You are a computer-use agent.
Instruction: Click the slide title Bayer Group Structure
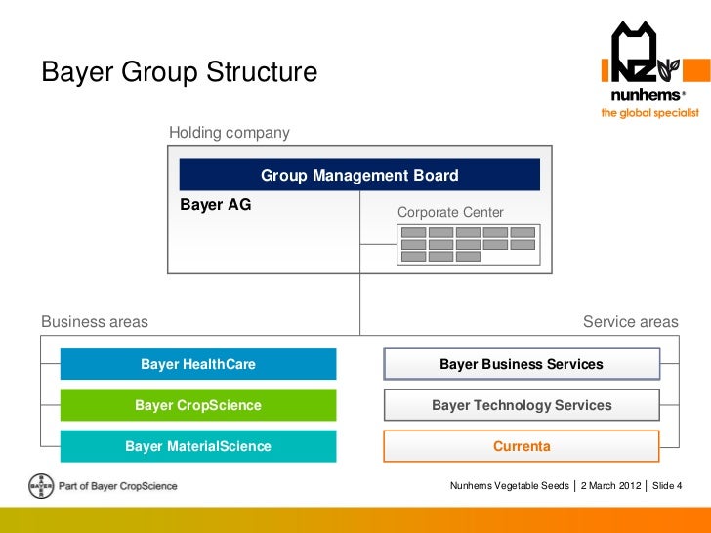[x=179, y=73]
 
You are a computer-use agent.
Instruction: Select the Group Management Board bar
[x=359, y=176]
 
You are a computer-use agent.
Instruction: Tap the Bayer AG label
[x=216, y=205]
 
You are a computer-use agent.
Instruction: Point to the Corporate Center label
[x=450, y=212]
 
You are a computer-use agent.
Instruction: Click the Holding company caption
[x=230, y=132]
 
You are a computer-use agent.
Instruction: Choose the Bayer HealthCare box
[x=198, y=364]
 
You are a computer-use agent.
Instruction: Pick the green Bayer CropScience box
[x=198, y=405]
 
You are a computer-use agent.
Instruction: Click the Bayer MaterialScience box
[x=198, y=446]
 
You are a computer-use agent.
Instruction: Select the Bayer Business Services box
[x=522, y=364]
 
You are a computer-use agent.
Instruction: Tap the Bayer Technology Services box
[x=522, y=405]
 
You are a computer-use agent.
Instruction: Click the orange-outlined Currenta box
[x=522, y=446]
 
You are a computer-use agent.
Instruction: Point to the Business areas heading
[x=95, y=321]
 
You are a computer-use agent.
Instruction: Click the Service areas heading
[x=630, y=321]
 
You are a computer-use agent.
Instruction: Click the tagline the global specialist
[x=649, y=113]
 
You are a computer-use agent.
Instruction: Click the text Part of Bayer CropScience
[x=118, y=485]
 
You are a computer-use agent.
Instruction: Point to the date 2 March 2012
[x=611, y=485]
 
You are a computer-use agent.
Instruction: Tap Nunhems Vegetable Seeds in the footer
[x=509, y=485]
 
